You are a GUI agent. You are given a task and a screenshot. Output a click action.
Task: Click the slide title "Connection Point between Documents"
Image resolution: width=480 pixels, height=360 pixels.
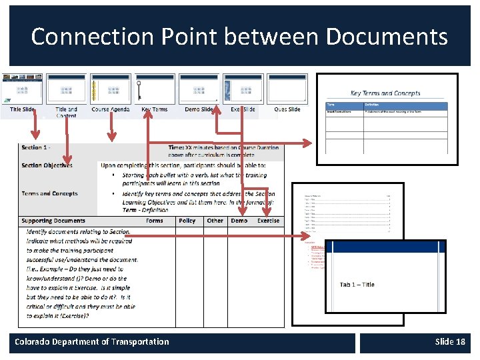pyautogui.click(x=239, y=36)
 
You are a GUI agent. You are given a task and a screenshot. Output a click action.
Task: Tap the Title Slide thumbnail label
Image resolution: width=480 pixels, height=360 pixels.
pyautogui.click(x=23, y=109)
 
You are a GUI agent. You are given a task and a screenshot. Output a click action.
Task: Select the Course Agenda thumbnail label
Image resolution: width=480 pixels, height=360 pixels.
pyautogui.click(x=111, y=109)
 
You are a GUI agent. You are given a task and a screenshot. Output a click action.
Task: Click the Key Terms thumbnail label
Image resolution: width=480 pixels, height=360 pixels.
pyautogui.click(x=155, y=109)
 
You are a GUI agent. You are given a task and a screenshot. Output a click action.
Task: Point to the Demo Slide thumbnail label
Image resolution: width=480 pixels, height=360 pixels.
pyautogui.click(x=199, y=109)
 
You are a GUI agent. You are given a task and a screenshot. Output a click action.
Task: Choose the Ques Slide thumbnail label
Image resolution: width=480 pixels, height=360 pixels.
pyautogui.click(x=287, y=109)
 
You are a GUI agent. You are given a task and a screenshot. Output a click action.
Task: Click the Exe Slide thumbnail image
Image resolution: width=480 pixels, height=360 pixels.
pyautogui.click(x=243, y=89)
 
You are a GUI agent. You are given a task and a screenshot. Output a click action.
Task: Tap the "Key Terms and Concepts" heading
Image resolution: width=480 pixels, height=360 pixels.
pyautogui.click(x=385, y=94)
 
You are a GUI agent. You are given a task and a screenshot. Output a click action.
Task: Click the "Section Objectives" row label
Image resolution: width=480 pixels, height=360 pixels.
pyautogui.click(x=47, y=165)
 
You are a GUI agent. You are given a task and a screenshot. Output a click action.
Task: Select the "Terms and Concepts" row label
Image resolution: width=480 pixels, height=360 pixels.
pyautogui.click(x=49, y=193)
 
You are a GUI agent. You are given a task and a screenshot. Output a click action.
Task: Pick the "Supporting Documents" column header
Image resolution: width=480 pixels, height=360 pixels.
pyautogui.click(x=53, y=221)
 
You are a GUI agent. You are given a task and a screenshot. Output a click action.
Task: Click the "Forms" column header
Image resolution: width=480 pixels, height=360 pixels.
pyautogui.click(x=155, y=221)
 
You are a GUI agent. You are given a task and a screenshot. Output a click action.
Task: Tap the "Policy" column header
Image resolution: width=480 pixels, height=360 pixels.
pyautogui.click(x=187, y=221)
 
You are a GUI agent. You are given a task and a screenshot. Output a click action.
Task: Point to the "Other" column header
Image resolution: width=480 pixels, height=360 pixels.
pyautogui.click(x=215, y=221)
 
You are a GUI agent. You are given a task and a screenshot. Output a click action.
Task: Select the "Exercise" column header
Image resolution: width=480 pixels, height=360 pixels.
pyautogui.click(x=268, y=221)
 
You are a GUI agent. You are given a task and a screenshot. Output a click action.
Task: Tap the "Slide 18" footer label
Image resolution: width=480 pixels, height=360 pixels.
pyautogui.click(x=450, y=342)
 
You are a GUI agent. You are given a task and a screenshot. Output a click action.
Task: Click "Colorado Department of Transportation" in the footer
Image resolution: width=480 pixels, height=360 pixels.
pyautogui.click(x=92, y=342)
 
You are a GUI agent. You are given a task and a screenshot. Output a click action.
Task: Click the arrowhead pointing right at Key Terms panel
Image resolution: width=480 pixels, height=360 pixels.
pyautogui.click(x=307, y=143)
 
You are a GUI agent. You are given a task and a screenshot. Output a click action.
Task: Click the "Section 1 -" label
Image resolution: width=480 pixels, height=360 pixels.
pyautogui.click(x=36, y=147)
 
